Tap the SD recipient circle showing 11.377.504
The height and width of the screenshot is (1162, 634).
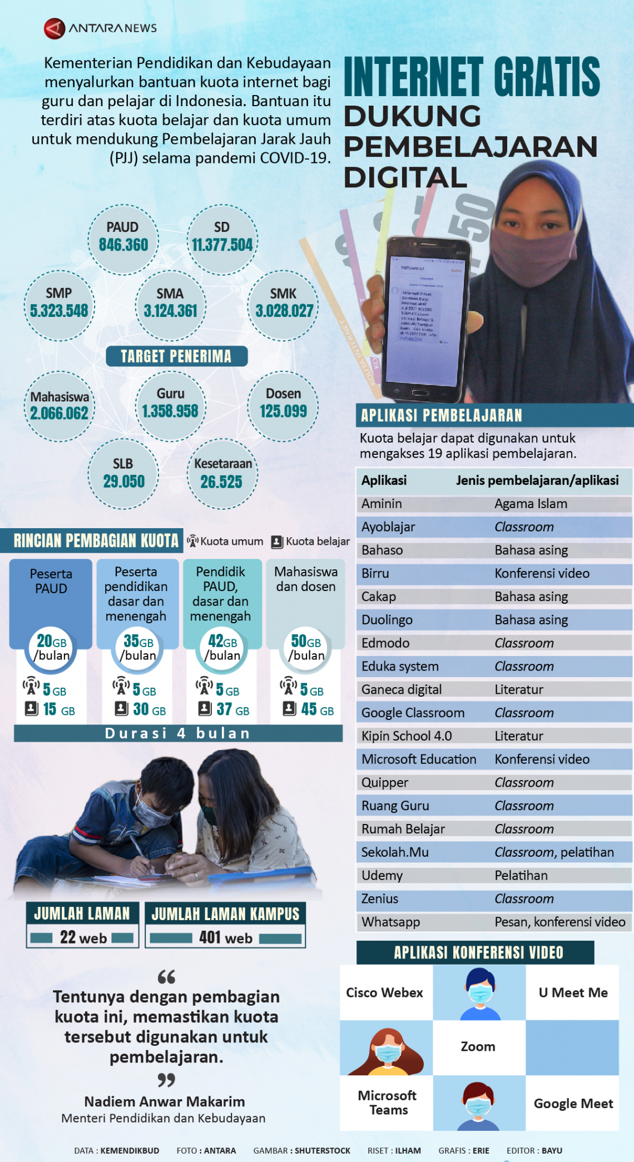coord(222,240)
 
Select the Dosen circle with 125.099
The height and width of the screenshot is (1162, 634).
coord(283,406)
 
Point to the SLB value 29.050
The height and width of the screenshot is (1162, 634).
coord(123,481)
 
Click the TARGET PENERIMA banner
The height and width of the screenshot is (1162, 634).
coord(176,356)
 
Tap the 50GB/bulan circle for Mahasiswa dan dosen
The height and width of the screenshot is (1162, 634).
coord(306,648)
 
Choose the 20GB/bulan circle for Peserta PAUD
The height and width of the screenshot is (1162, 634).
coord(52,648)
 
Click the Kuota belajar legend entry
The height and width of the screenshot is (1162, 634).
coord(311,542)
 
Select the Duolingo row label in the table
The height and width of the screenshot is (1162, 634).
coord(387,620)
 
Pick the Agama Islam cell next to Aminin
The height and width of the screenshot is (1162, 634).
coord(531,504)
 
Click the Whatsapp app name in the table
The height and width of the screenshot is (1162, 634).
coord(390,922)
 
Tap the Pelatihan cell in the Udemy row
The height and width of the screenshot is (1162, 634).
coord(521,876)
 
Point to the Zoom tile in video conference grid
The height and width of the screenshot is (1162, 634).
coord(478,1047)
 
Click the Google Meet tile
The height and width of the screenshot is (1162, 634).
coord(573,1104)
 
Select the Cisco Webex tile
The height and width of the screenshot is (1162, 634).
coord(385,992)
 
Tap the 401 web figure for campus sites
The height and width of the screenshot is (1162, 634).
coord(225,938)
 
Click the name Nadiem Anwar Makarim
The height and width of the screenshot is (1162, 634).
coord(165,1101)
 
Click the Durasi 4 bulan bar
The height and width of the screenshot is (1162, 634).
coord(178,733)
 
